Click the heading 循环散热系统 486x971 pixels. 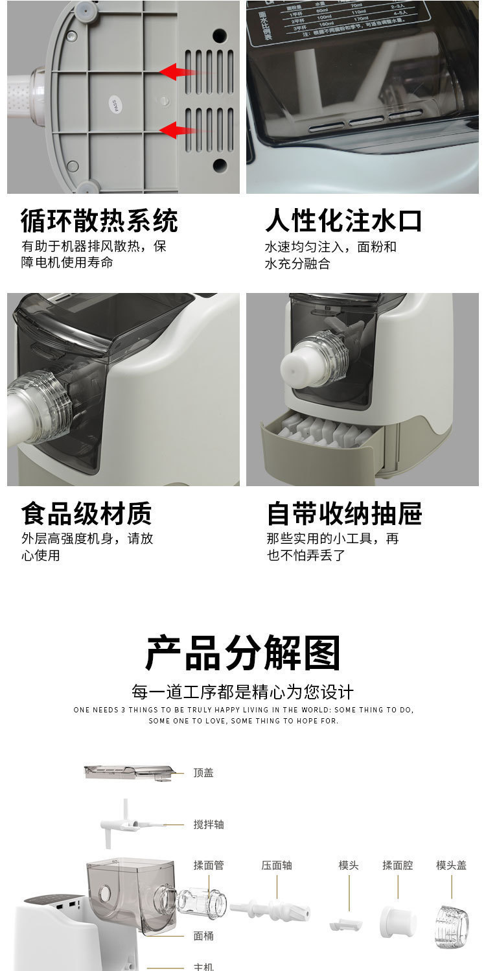pos(99,221)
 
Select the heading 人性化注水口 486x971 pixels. pos(343,220)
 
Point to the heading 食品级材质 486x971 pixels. pos(86,513)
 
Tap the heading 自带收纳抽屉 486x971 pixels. pos(344,513)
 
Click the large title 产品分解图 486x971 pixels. pos(243,653)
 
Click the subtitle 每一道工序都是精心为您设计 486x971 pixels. pos(243,692)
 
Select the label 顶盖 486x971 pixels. pos(203,773)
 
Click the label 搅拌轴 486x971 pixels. pos(209,825)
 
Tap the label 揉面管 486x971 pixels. pos(209,865)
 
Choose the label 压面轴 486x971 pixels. pos(277,865)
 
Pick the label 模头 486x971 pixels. pos(349,865)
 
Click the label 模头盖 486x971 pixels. pos(451,865)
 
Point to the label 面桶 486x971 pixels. pos(203,936)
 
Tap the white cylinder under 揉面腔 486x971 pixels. pos(397,921)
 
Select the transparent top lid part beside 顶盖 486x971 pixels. pos(130,771)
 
